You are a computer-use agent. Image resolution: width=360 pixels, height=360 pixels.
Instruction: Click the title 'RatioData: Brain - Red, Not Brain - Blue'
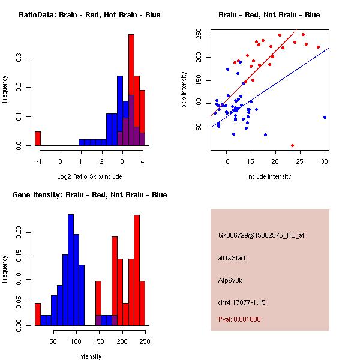point(89,15)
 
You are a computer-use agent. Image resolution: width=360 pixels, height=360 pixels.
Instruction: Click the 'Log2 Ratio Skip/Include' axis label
point(89,176)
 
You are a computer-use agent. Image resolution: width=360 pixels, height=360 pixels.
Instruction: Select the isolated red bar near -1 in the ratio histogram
point(37,139)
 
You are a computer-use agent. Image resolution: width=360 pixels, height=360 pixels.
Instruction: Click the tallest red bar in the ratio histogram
point(131,90)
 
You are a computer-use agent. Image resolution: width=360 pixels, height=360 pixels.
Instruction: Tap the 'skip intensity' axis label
point(185,90)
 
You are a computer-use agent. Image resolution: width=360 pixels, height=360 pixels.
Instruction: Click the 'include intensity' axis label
point(269,176)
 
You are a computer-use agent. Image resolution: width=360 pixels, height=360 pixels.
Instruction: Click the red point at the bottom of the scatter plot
point(292,145)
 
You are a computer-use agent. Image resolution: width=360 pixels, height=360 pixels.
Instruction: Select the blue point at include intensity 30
point(325,117)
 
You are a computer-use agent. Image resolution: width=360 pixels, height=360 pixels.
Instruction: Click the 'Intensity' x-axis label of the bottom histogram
point(89,356)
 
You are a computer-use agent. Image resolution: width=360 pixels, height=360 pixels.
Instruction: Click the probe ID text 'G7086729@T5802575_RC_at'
point(262,235)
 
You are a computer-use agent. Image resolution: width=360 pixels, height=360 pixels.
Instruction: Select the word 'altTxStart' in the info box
point(232,258)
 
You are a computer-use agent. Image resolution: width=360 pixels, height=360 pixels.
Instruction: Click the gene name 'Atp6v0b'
point(230,280)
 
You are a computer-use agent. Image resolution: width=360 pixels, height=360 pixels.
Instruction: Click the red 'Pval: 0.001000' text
point(239,319)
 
